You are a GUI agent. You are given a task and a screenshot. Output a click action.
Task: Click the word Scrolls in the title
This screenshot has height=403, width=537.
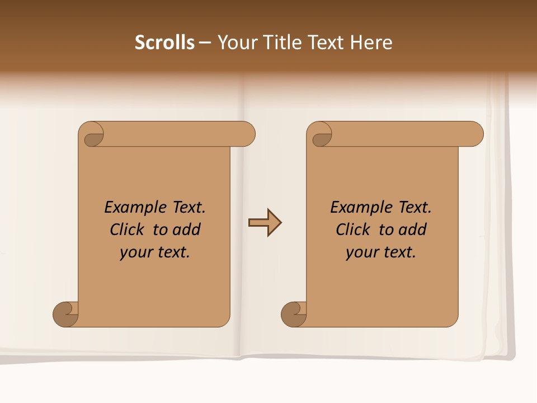coord(164,43)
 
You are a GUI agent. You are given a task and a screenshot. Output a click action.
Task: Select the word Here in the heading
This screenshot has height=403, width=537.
coord(371,43)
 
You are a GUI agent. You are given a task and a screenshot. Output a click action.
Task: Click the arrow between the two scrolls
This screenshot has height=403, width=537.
coord(265,223)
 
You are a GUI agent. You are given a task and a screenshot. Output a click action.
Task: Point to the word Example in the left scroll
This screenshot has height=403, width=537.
coord(130,207)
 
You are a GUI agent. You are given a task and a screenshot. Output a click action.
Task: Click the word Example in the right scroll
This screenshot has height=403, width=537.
coord(356,207)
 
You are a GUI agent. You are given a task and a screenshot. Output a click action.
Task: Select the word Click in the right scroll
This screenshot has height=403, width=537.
coord(354,229)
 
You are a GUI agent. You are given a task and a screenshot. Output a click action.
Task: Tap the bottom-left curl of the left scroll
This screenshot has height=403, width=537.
coord(65,315)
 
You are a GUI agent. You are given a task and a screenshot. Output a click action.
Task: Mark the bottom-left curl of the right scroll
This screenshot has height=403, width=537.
coord(294,315)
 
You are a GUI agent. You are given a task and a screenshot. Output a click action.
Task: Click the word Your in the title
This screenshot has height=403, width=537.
coord(237,43)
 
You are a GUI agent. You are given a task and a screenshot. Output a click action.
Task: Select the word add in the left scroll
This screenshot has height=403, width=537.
coord(186,229)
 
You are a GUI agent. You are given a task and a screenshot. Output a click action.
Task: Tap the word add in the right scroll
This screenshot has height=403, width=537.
coord(412,229)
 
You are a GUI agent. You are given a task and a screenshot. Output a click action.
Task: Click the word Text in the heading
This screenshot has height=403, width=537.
coord(327,43)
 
